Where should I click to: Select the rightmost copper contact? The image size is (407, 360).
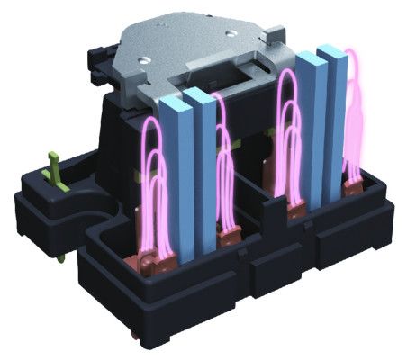tap(353, 186)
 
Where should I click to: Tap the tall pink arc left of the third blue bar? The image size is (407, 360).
tap(287, 135)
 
